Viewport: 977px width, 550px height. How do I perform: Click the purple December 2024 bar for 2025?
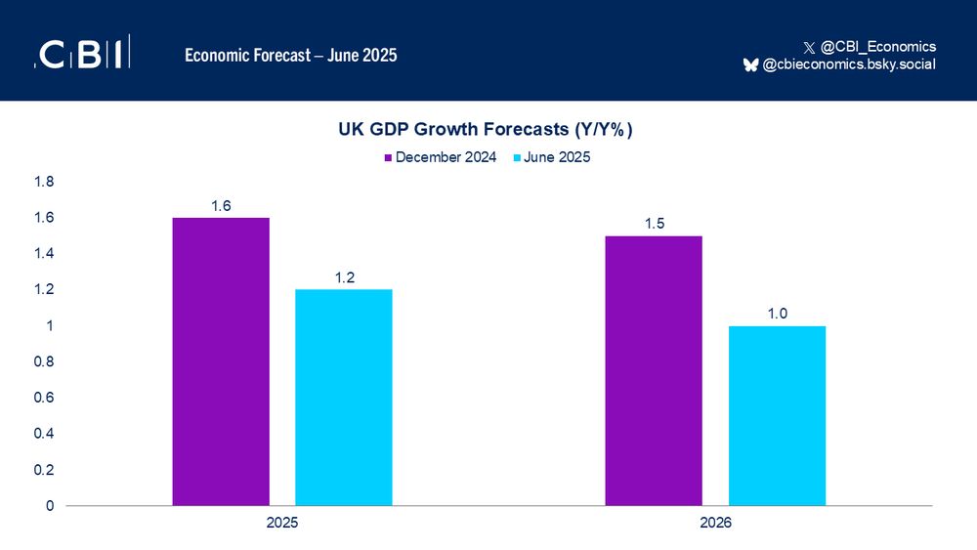pos(221,361)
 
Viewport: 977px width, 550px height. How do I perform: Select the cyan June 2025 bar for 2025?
pos(343,398)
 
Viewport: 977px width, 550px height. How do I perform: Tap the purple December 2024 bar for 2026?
pos(654,371)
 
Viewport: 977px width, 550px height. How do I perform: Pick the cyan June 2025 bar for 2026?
pos(777,415)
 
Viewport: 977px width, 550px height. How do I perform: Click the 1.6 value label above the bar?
pos(221,206)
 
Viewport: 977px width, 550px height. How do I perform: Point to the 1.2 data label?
pos(343,278)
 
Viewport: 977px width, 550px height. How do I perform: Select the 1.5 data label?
pos(654,225)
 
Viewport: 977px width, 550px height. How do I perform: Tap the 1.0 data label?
pos(777,315)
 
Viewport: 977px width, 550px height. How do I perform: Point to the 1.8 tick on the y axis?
pos(44,182)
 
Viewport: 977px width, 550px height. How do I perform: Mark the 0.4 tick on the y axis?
pos(44,434)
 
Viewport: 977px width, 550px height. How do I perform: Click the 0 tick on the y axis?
pos(49,506)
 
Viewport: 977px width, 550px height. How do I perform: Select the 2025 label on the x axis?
pos(282,524)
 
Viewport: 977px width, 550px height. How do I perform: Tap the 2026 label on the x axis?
pos(715,524)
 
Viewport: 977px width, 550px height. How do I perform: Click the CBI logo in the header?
pos(82,55)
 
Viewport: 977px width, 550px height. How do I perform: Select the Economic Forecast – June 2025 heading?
pos(291,56)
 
